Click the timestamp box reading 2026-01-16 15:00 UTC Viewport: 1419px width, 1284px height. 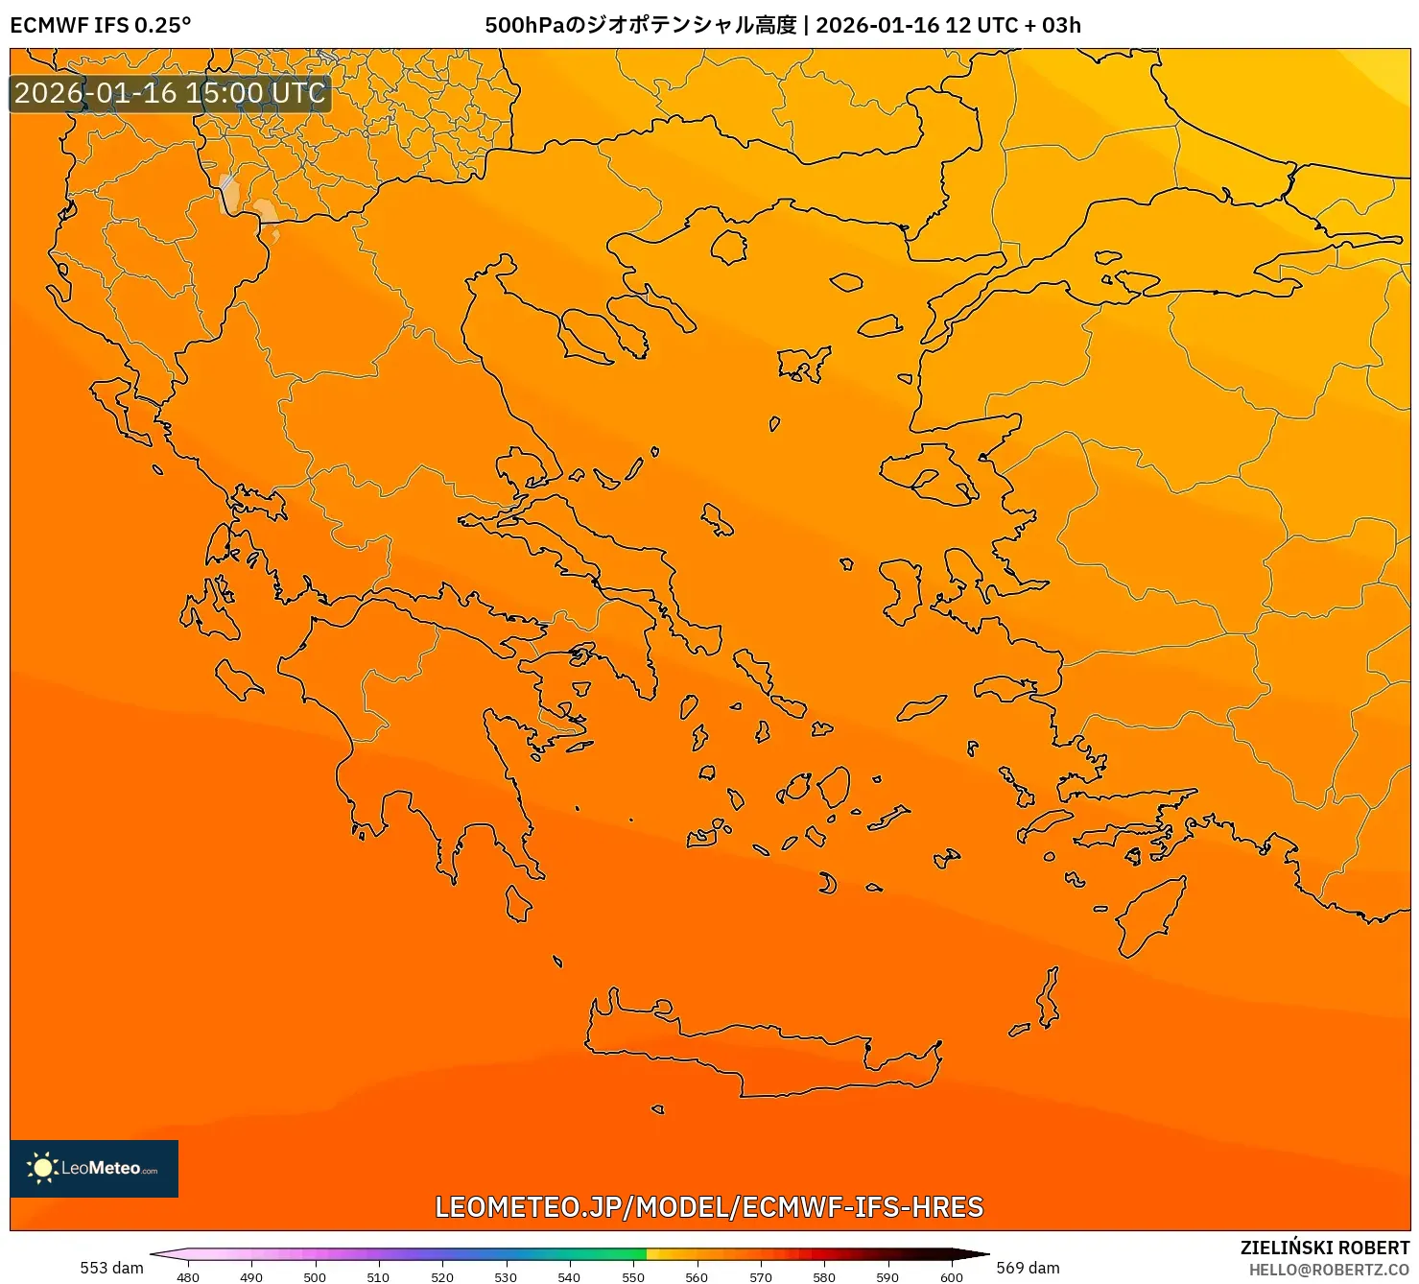tap(170, 93)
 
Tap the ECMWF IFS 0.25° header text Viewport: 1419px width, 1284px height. tap(101, 26)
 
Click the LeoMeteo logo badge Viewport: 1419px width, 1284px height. tap(94, 1168)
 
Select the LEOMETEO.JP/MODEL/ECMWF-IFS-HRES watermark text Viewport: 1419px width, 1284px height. tap(709, 1206)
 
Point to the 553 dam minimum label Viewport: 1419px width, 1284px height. tap(111, 1268)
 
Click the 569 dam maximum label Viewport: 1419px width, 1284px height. tap(1028, 1268)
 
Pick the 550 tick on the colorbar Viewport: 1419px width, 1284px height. tap(633, 1276)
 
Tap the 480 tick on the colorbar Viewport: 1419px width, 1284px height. tap(188, 1276)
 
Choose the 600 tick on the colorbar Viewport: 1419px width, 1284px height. tap(951, 1276)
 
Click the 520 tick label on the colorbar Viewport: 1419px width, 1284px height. tap(442, 1276)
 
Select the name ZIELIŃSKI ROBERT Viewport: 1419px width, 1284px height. tap(1325, 1248)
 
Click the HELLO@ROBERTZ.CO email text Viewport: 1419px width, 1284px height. tap(1329, 1270)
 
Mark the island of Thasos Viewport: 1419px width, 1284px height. tap(728, 247)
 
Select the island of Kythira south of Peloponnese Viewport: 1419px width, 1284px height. tap(518, 903)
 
